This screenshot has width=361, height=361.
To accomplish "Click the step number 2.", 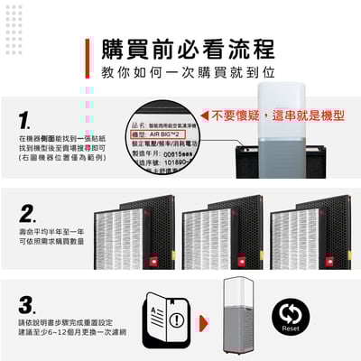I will tap(27, 215).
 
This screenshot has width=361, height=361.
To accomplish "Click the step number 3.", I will tap(27, 303).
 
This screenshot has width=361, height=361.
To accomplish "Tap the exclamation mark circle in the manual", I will tap(176, 319).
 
